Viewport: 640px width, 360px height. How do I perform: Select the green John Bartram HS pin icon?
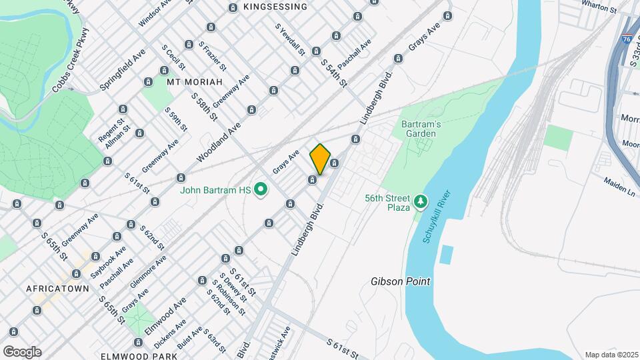[x=261, y=191]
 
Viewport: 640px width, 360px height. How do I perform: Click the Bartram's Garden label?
[x=419, y=129]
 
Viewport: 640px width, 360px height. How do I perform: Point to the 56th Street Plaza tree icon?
[x=420, y=200]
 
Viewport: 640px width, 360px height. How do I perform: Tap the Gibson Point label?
[x=400, y=281]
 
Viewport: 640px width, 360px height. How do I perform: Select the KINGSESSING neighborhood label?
[x=275, y=7]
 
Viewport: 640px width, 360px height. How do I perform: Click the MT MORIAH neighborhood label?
[x=193, y=82]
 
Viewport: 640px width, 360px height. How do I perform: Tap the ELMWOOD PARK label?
[x=139, y=356]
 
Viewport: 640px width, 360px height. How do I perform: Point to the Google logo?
[x=22, y=351]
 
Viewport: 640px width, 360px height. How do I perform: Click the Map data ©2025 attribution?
[x=610, y=355]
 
